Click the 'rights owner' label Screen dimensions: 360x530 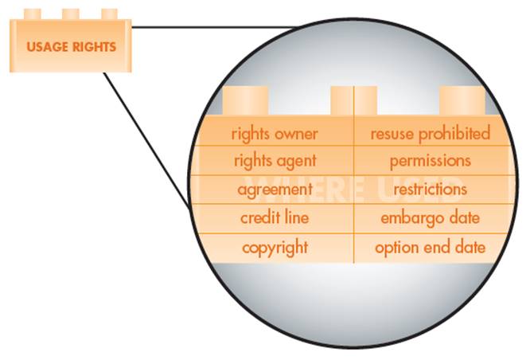pyautogui.click(x=274, y=133)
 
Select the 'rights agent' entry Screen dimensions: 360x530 pyautogui.click(x=274, y=161)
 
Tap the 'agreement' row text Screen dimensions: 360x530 pyautogui.click(x=275, y=190)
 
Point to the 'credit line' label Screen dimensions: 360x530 pyautogui.click(x=275, y=218)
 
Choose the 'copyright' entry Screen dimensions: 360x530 pyautogui.click(x=275, y=248)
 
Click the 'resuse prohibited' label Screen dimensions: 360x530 pyautogui.click(x=430, y=133)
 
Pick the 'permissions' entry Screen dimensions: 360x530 pyautogui.click(x=430, y=161)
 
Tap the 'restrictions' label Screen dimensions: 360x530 pyautogui.click(x=430, y=190)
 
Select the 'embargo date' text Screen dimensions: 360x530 pyautogui.click(x=430, y=218)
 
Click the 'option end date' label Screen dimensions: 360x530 pyautogui.click(x=430, y=248)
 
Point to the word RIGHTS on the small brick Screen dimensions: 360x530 pyautogui.click(x=92, y=46)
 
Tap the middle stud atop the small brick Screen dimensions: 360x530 pyautogui.click(x=71, y=14)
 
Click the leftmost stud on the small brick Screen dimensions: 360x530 pyautogui.click(x=33, y=14)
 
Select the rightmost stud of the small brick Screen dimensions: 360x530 pyautogui.click(x=109, y=14)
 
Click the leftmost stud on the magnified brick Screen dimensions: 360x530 pyautogui.click(x=245, y=100)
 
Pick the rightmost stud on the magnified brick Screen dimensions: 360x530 pyautogui.click(x=462, y=100)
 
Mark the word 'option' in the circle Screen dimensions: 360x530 pyautogui.click(x=396, y=248)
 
